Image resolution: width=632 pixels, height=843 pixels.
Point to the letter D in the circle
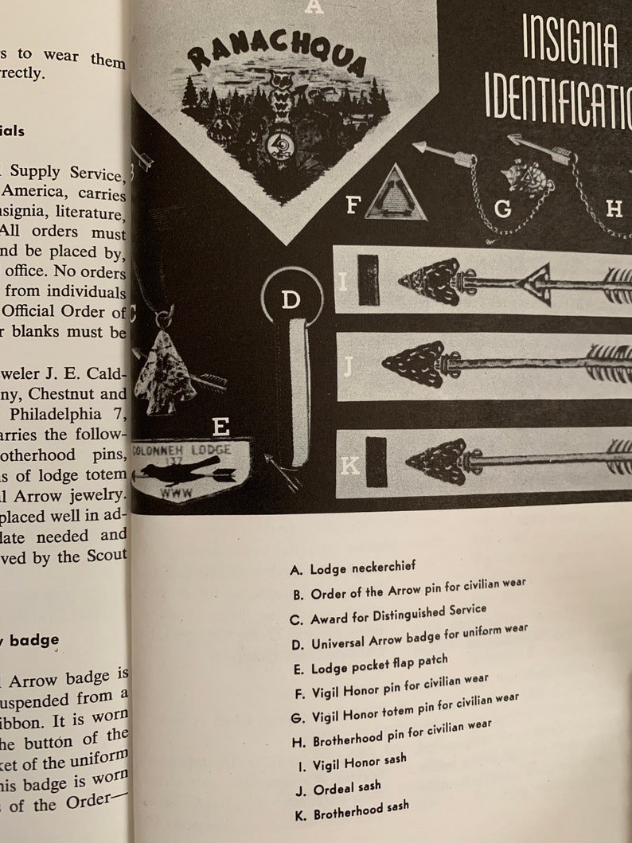(x=291, y=300)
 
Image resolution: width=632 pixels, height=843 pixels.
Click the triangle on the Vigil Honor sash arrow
(x=535, y=284)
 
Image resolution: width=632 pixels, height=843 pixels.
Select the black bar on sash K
(x=376, y=461)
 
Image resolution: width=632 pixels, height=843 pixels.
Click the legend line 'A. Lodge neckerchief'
(x=353, y=568)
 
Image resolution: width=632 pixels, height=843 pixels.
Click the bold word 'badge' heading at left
(x=34, y=639)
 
